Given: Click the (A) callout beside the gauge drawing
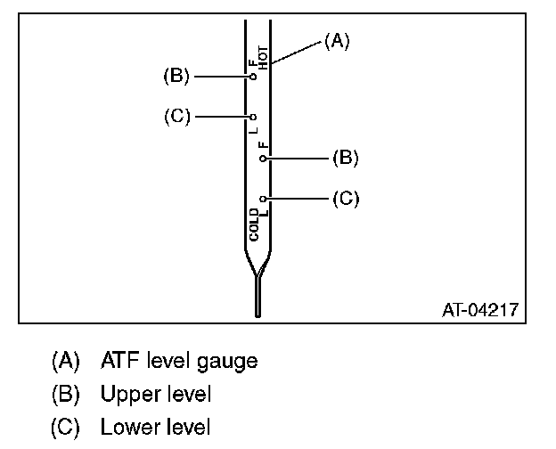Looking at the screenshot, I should coord(336,40).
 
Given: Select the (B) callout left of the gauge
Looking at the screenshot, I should coord(176,77).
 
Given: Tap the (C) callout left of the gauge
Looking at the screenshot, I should coord(176,117).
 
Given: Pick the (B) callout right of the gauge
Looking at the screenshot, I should coord(345,158).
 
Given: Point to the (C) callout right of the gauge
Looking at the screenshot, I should coord(345,198).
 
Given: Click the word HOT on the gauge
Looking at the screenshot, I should coord(263,56).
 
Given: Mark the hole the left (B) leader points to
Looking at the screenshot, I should coord(253,78).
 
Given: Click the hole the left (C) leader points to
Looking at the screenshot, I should coord(253,117).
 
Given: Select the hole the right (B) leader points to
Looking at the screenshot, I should coord(263,159).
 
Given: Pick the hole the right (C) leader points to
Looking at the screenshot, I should coord(263,198).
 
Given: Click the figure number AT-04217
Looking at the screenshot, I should coord(481,311).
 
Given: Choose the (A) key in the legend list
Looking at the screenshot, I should coord(65,361).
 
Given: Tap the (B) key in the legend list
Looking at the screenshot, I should coord(65,394).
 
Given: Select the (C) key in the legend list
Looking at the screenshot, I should coord(65,427).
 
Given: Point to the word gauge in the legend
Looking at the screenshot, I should coord(229,363).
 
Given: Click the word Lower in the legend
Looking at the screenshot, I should coord(127,427).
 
